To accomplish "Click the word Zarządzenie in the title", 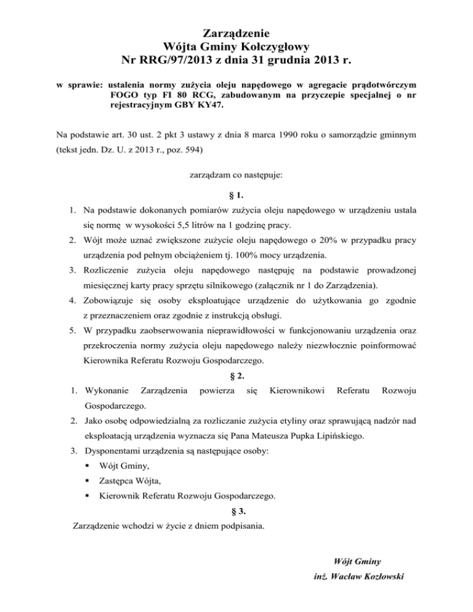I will coord(236,30).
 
